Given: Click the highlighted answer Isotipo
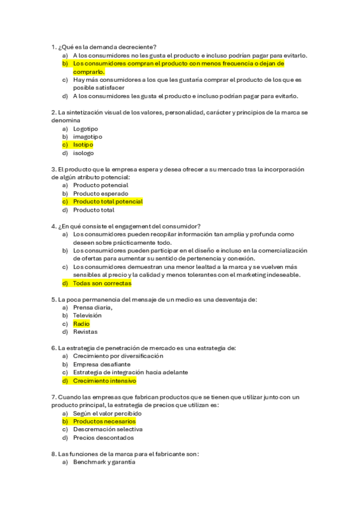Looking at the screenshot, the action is pyautogui.click(x=83, y=145).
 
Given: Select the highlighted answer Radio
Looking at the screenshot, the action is pyautogui.click(x=81, y=324).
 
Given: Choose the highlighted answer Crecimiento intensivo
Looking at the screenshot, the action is pyautogui.click(x=105, y=381).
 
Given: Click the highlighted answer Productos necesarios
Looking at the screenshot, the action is pyautogui.click(x=104, y=422).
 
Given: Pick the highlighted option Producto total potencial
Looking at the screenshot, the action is pyautogui.click(x=108, y=202).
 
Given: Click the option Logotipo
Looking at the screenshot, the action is pyautogui.click(x=85, y=129).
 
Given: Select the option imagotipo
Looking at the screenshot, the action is pyautogui.click(x=87, y=137).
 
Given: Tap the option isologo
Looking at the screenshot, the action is pyautogui.click(x=84, y=153).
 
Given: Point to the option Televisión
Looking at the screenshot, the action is pyautogui.click(x=87, y=315).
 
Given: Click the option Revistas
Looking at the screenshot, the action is pyautogui.click(x=85, y=331).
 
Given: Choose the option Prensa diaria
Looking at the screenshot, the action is pyautogui.click(x=93, y=307).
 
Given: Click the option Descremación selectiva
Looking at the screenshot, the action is pyautogui.click(x=108, y=429).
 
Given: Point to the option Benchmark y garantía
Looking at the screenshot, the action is pyautogui.click(x=104, y=462).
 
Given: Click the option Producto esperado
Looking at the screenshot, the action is pyautogui.click(x=100, y=194).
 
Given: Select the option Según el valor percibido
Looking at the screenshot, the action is pyautogui.click(x=107, y=414).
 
